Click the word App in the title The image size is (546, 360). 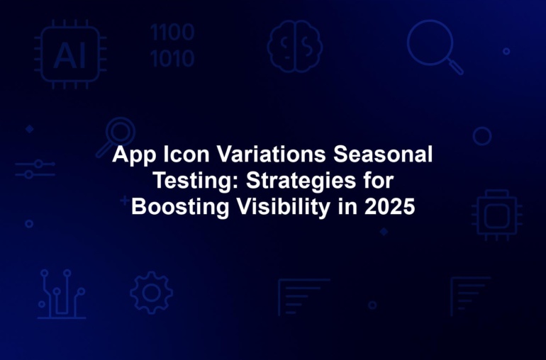(x=135, y=154)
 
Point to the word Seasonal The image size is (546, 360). (x=383, y=154)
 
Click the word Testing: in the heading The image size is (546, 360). (x=196, y=181)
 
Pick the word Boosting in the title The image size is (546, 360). (x=180, y=207)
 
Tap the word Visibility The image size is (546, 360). (x=284, y=207)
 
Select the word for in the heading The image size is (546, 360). (x=379, y=180)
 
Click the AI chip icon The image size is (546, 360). (x=70, y=55)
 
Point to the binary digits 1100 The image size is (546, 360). (x=172, y=33)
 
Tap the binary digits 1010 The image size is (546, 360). (x=172, y=59)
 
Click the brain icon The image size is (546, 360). (x=294, y=46)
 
